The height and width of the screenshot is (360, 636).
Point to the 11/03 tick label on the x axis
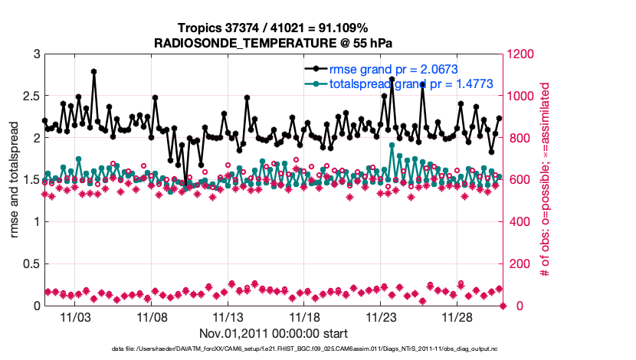pos(75,317)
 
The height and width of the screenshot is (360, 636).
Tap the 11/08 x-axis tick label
pos(152,317)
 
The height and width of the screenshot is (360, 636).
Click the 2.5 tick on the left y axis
pos(30,97)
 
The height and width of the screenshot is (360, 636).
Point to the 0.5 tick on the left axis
pos(30,264)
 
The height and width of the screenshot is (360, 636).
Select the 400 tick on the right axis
pos(519,222)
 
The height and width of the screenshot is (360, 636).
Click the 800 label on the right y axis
pos(519,139)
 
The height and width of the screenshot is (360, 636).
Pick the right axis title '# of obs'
pos(546,180)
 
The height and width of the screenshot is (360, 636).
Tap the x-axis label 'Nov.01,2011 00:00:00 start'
pos(274,333)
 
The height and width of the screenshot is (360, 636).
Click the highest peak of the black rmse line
pos(93,71)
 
